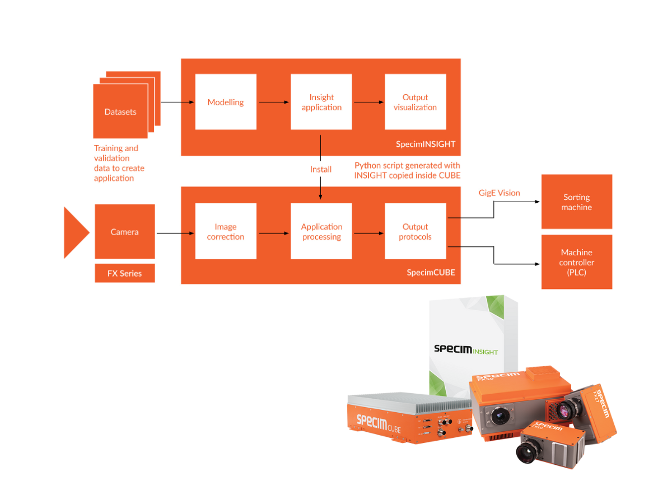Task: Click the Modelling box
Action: tap(226, 102)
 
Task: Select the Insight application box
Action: tap(321, 102)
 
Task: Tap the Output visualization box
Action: tap(415, 102)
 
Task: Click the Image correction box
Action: tap(226, 231)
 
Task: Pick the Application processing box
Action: tap(321, 231)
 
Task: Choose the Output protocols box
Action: tap(415, 231)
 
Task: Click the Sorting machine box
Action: tap(576, 202)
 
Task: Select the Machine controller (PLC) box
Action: tap(576, 262)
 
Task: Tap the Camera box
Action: tap(124, 231)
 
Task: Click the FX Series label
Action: tap(124, 273)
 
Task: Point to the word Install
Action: tap(321, 169)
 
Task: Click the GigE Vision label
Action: tap(499, 193)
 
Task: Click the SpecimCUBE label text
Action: tap(431, 273)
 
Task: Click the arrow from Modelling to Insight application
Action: tap(273, 102)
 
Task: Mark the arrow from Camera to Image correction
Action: tap(175, 232)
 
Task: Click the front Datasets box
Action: tap(120, 111)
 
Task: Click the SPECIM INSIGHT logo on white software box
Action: tap(465, 349)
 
